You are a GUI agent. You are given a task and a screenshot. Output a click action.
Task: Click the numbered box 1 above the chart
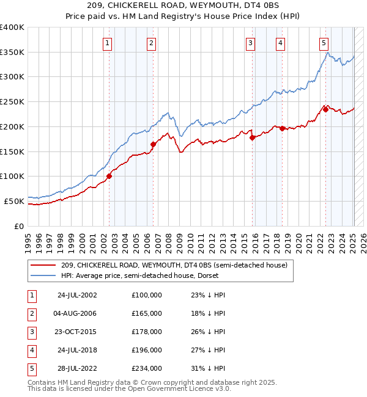pyautogui.click(x=107, y=43)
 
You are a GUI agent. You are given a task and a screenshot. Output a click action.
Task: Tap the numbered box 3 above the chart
pyautogui.click(x=251, y=43)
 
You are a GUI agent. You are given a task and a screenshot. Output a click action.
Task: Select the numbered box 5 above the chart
pyautogui.click(x=324, y=43)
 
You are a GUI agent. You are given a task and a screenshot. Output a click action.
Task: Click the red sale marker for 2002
pyautogui.click(x=109, y=176)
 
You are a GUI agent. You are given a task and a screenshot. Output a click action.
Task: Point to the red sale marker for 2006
pyautogui.click(x=154, y=144)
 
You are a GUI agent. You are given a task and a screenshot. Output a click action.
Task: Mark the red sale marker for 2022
pyautogui.click(x=325, y=109)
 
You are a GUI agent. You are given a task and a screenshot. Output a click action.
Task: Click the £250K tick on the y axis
pyautogui.click(x=12, y=101)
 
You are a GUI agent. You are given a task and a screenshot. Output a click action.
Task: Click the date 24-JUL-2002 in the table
pyautogui.click(x=77, y=295)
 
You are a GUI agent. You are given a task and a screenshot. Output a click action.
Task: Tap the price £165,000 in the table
pyautogui.click(x=147, y=313)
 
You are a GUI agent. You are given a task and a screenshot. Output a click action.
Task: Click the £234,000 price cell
pyautogui.click(x=147, y=368)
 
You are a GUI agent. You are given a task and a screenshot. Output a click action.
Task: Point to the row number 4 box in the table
pyautogui.click(x=31, y=350)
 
